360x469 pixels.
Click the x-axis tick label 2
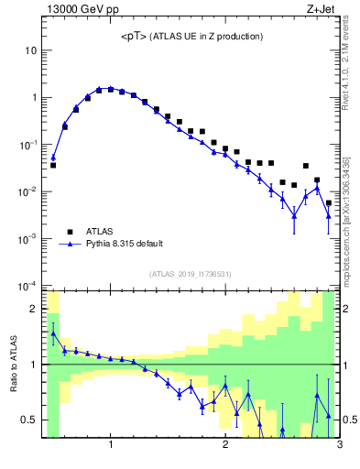(x=225, y=446)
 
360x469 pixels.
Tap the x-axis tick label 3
(x=339, y=446)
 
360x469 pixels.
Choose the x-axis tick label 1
(x=111, y=446)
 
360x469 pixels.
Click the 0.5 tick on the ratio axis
(x=30, y=420)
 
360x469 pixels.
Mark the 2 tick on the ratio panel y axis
(x=34, y=309)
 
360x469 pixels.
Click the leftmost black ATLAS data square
(x=53, y=166)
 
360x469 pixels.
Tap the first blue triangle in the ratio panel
(x=53, y=334)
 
